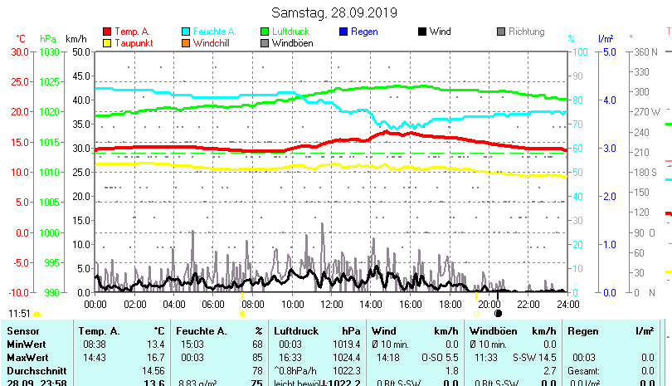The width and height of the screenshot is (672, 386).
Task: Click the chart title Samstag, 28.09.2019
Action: [x=334, y=13]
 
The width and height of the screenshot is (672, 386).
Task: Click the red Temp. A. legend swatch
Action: [x=107, y=32]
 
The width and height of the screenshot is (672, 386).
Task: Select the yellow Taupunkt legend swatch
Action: [x=107, y=43]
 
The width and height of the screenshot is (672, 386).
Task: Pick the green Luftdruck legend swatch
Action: [x=265, y=32]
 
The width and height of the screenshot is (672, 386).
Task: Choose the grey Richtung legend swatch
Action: [x=501, y=32]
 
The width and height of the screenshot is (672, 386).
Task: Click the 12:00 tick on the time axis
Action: [x=331, y=304]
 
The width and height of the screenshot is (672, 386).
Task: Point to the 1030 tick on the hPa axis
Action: [x=49, y=51]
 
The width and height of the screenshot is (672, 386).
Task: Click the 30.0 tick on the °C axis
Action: [x=20, y=51]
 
